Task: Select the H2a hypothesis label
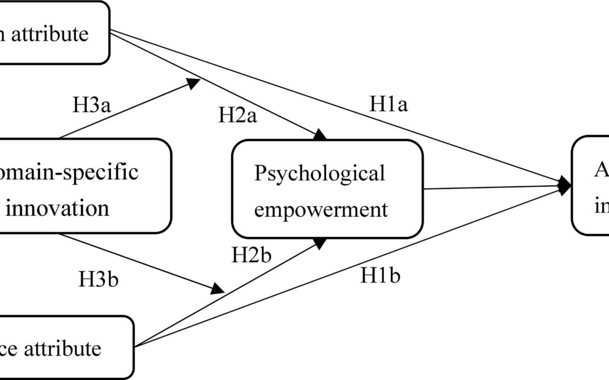pos(237,117)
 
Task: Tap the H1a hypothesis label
pos(389,104)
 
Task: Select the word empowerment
pos(321,209)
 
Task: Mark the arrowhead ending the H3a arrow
pos(194,83)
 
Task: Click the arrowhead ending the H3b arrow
pos(217,289)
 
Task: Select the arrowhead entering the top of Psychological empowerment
pos(320,135)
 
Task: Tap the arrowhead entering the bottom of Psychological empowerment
pos(320,243)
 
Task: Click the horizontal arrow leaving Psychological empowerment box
pos(491,187)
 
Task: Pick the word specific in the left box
pos(108,171)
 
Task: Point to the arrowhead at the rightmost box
pos(564,185)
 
